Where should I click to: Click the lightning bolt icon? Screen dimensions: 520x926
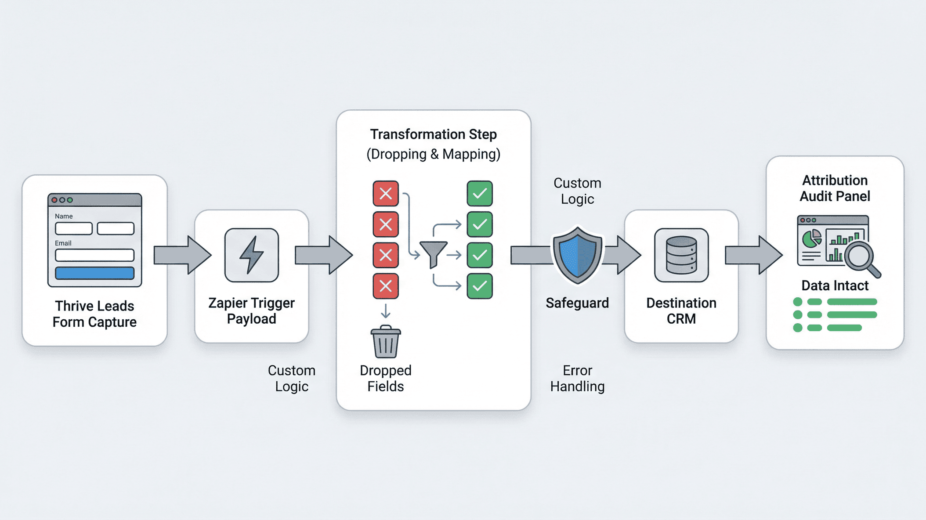pos(251,255)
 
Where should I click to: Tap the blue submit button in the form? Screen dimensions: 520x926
pos(94,273)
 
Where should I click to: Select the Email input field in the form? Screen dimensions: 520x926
pos(94,255)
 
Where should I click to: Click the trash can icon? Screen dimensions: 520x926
pos(386,342)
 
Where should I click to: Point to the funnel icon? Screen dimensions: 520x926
pos(433,254)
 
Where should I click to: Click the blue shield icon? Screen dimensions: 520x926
pos(577,256)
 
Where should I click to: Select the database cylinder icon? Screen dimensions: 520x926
pos(681,255)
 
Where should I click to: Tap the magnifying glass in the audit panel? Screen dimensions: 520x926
pos(860,257)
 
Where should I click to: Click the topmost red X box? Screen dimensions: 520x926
pos(386,193)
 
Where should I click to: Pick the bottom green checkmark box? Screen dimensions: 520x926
pos(479,286)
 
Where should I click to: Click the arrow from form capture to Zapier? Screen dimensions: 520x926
pos(182,255)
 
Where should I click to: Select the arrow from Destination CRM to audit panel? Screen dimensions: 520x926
pos(753,255)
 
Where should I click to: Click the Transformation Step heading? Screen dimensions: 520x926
pos(433,134)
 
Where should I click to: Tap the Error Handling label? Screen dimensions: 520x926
pos(577,378)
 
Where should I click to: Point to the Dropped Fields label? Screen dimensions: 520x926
pos(385,378)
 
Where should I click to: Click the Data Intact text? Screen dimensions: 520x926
pos(835,286)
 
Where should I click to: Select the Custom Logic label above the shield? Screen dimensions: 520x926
pos(577,191)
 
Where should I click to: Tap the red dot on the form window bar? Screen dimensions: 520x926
pos(54,200)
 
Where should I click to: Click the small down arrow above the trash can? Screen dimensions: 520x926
pos(385,311)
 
